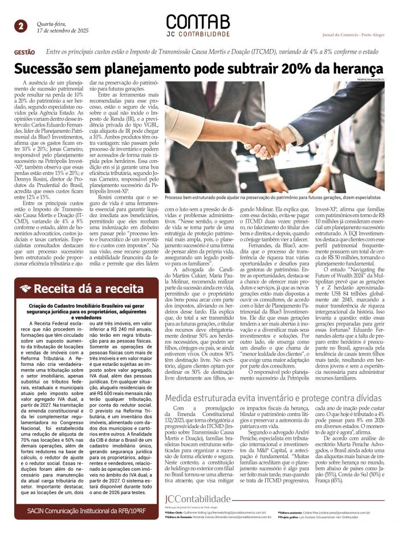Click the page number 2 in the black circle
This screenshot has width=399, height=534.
tap(21, 26)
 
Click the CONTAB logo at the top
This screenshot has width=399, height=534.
tap(199, 22)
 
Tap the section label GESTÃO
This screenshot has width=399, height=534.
tap(23, 52)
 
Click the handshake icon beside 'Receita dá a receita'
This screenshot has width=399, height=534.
tap(25, 288)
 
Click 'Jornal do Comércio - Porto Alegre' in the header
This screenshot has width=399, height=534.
tap(353, 35)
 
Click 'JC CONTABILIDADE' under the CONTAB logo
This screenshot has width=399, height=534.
tap(198, 35)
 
